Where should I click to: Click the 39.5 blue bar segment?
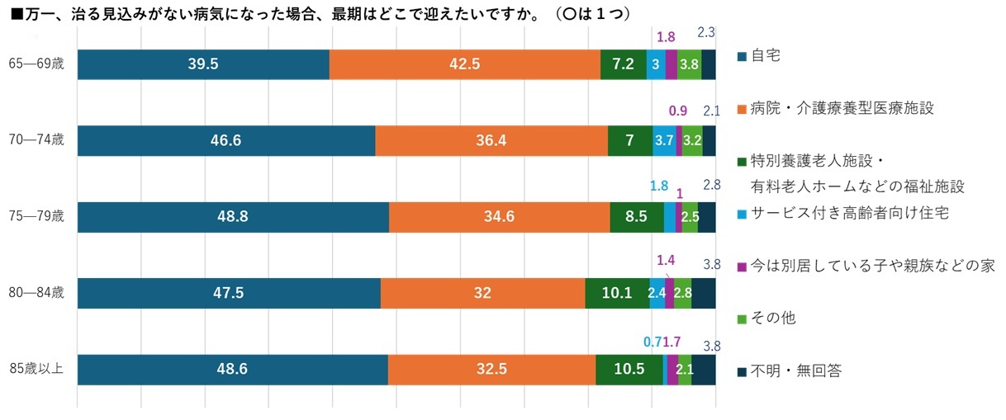click(203, 64)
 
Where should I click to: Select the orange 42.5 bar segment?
click(465, 64)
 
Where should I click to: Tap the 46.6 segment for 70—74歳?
click(226, 140)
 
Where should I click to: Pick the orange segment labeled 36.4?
click(491, 140)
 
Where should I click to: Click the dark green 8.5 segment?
click(637, 217)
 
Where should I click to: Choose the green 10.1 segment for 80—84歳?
click(617, 293)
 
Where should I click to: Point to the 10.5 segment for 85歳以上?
click(629, 369)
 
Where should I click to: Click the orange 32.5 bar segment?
click(492, 369)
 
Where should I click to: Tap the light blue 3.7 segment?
click(664, 140)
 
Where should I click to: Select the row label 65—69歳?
click(36, 64)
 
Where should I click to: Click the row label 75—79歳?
click(36, 217)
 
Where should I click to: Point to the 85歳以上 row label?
click(36, 369)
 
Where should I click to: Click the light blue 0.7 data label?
click(652, 340)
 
